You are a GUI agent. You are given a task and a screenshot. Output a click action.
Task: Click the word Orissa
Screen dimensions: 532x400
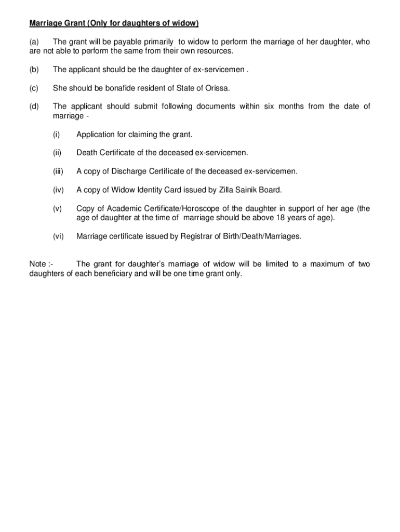coord(217,88)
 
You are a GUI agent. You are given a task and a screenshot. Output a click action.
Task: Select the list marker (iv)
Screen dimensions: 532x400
coord(58,190)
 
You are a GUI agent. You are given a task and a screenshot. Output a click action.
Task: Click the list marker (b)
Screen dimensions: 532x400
coord(34,70)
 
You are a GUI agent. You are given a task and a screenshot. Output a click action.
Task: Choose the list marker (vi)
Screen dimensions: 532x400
coord(58,236)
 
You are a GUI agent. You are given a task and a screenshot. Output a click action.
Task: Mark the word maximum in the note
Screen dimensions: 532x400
coord(327,264)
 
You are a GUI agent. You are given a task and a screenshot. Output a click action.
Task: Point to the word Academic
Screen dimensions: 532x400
coord(123,209)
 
